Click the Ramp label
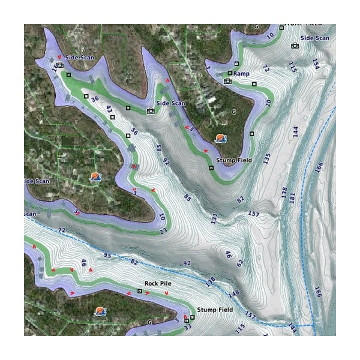pyautogui.click(x=241, y=73)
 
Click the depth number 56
pyautogui.click(x=134, y=132)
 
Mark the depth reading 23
pyautogui.click(x=163, y=231)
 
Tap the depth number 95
pyautogui.click(x=108, y=256)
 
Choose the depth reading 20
pyautogui.click(x=268, y=103)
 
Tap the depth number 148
pyautogui.click(x=233, y=293)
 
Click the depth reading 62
pyautogui.click(x=240, y=263)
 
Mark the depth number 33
pyautogui.click(x=188, y=327)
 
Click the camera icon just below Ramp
pyautogui.click(x=227, y=81)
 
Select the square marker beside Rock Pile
pyautogui.click(x=140, y=291)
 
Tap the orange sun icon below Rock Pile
pyautogui.click(x=100, y=311)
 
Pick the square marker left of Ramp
pyautogui.click(x=230, y=73)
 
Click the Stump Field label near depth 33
pyautogui.click(x=214, y=310)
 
